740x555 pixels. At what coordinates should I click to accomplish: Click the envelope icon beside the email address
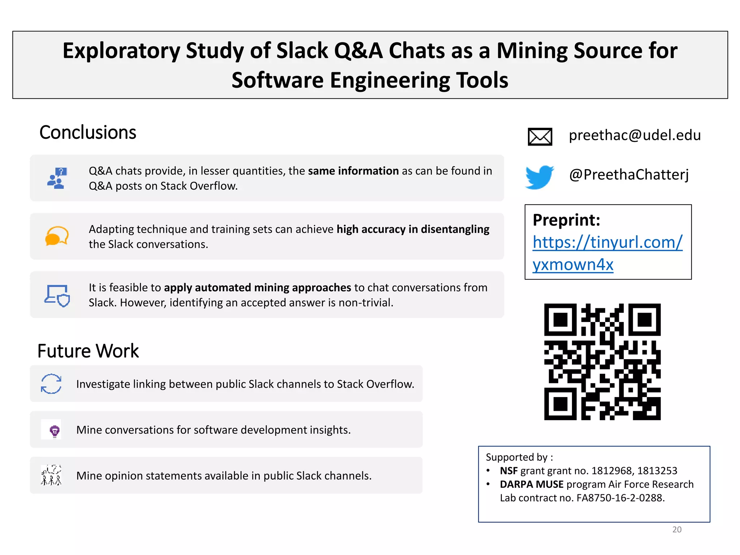(540, 137)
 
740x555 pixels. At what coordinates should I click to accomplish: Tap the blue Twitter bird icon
(539, 177)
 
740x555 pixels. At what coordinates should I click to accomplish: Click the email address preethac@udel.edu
(634, 135)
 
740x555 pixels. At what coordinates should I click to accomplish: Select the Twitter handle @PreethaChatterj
(629, 175)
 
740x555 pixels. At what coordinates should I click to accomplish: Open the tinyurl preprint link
(607, 253)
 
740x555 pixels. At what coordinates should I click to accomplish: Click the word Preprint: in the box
(566, 220)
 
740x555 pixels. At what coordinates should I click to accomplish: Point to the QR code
(602, 361)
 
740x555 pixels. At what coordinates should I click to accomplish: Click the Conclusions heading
(88, 132)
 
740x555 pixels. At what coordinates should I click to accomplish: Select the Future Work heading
(88, 351)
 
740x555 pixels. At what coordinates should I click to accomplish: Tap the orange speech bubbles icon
(57, 236)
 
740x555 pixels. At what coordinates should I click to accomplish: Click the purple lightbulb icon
(55, 430)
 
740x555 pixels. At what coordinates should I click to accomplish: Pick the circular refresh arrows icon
(51, 384)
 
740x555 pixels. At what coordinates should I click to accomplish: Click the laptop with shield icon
(57, 296)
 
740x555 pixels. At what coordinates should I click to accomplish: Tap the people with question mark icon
(57, 178)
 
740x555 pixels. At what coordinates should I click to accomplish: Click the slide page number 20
(677, 529)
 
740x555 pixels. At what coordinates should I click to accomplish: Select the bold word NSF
(508, 471)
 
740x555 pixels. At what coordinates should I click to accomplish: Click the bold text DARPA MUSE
(532, 484)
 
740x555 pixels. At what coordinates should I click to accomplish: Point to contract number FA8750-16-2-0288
(620, 498)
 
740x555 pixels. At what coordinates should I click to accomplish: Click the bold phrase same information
(353, 171)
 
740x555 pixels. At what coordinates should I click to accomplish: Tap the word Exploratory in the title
(121, 51)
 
